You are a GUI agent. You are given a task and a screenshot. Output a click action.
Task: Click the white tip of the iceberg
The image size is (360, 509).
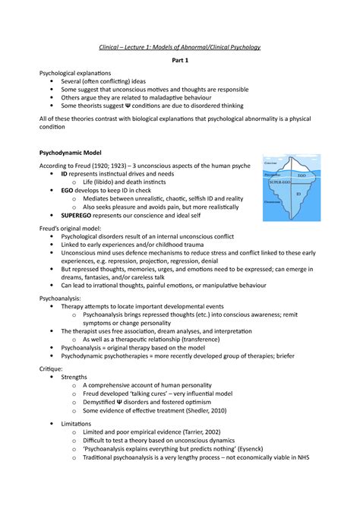click(297, 163)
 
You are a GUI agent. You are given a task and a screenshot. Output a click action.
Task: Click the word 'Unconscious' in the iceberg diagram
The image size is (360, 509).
click(275, 202)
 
